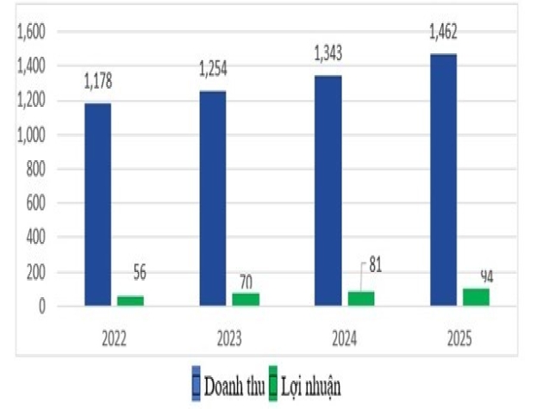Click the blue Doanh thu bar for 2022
point(97,205)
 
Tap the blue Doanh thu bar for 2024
point(328,190)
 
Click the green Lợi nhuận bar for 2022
point(130,301)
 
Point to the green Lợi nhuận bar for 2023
point(246,299)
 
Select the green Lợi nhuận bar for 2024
point(361,298)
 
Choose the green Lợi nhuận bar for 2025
point(476,296)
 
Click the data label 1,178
point(97,83)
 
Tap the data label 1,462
point(443,34)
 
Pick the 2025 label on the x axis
point(459,338)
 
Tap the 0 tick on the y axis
point(51,307)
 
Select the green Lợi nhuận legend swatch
point(274,384)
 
